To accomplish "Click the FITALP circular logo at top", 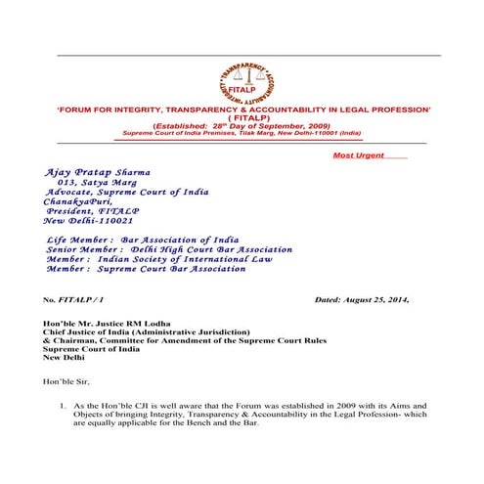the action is (x=242, y=75).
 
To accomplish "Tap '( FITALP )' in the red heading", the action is (x=242, y=121).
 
